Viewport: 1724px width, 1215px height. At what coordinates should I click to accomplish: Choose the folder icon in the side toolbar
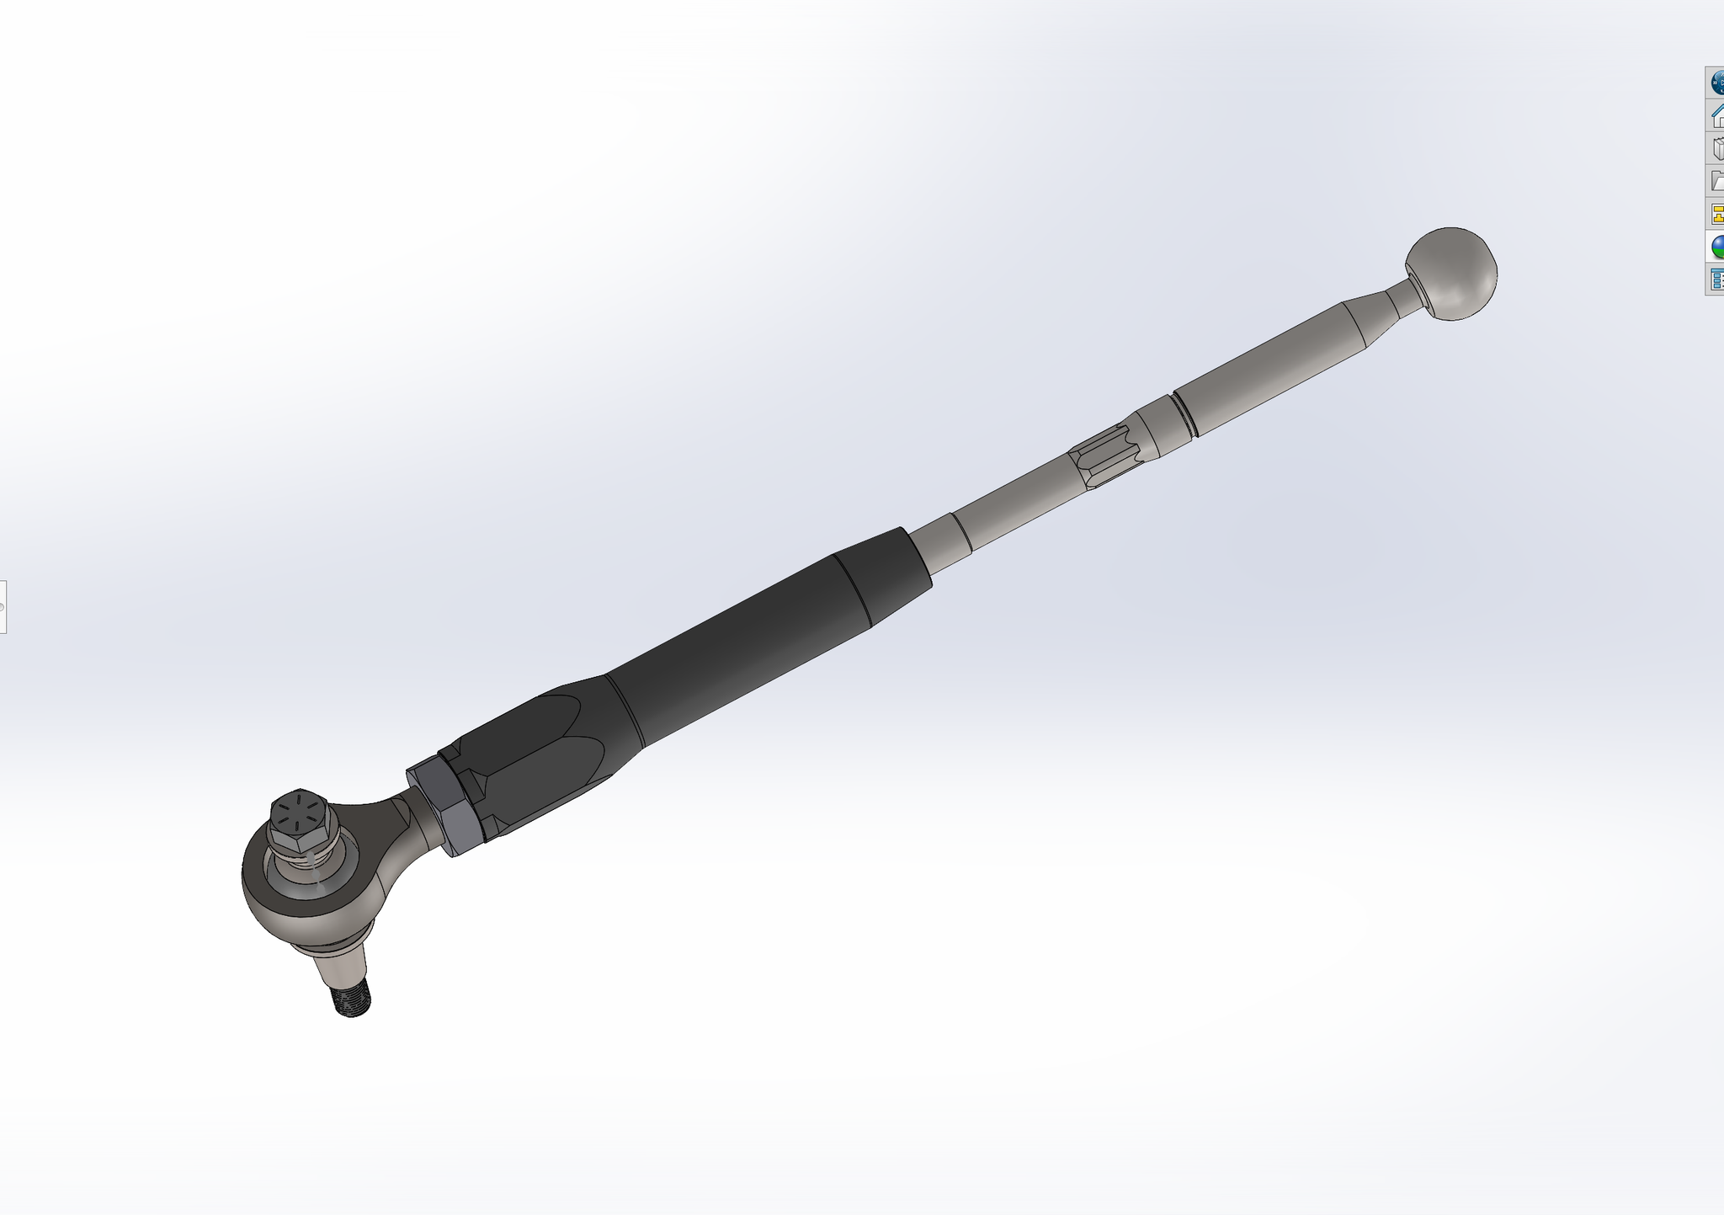tap(1716, 180)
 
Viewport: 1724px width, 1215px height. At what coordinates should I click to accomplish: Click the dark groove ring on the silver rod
tap(1182, 414)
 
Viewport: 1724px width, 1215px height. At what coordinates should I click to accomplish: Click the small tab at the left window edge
tap(3, 606)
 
